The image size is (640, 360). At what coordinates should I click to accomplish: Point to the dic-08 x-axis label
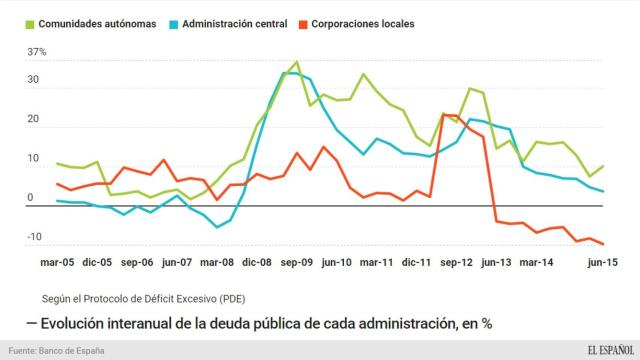(x=253, y=263)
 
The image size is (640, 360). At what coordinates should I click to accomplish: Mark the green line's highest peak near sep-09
(x=297, y=62)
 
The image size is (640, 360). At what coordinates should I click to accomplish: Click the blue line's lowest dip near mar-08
(x=218, y=227)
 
